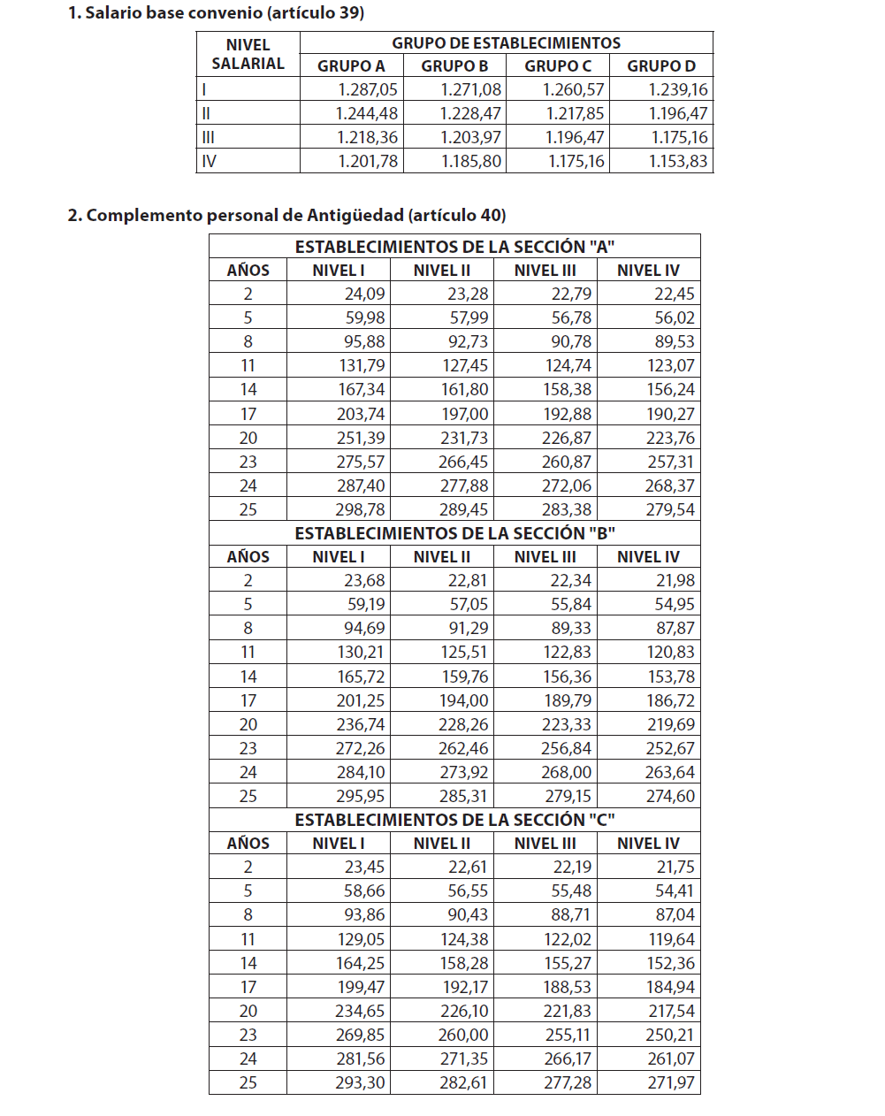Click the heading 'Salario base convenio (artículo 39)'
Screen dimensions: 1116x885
pos(216,13)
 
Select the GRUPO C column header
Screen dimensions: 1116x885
pos(557,66)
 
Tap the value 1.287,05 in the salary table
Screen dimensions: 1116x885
pos(368,89)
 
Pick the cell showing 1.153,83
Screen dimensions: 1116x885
pos(678,161)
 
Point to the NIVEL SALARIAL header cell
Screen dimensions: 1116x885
pos(248,54)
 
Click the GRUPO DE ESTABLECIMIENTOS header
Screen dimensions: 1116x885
pos(506,42)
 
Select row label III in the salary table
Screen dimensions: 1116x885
pos(209,137)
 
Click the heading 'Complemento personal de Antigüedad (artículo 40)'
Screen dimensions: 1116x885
pos(286,216)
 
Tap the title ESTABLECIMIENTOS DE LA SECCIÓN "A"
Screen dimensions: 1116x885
pos(454,247)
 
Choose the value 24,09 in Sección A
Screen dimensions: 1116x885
pos(364,294)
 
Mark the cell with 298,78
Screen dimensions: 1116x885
pos(360,509)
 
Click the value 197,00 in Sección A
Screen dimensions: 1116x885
pos(465,414)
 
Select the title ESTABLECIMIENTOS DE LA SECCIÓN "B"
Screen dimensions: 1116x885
pos(454,533)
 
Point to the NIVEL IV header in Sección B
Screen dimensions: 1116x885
pos(648,557)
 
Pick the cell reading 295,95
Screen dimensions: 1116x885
pos(360,796)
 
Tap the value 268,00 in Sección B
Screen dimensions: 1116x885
pos(567,772)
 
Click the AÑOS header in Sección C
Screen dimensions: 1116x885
pos(248,844)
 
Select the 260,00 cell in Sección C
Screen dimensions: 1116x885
pos(463,1035)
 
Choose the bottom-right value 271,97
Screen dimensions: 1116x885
pos(670,1082)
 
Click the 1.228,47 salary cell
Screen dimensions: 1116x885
pos(470,113)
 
